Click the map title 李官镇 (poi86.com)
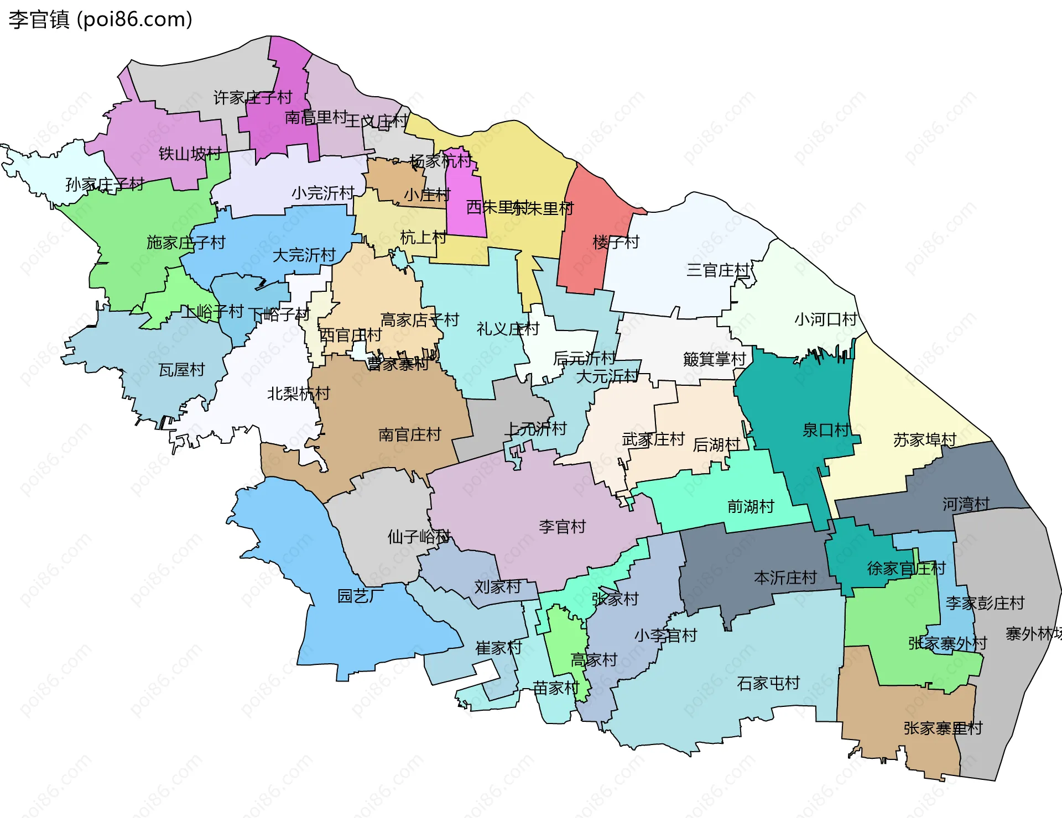[100, 19]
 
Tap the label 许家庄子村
[253, 98]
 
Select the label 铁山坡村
[190, 153]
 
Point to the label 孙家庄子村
[105, 184]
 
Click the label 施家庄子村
[186, 242]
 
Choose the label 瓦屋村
[181, 369]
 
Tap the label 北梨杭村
[298, 393]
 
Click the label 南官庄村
[409, 434]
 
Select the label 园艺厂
[361, 596]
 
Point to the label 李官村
[562, 526]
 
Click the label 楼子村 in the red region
[615, 242]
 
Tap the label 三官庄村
[717, 270]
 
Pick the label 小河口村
[825, 319]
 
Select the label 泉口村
[826, 430]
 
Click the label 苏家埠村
[924, 439]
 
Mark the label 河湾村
[966, 504]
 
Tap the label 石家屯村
[768, 683]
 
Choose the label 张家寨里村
[943, 728]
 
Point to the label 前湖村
[750, 506]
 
